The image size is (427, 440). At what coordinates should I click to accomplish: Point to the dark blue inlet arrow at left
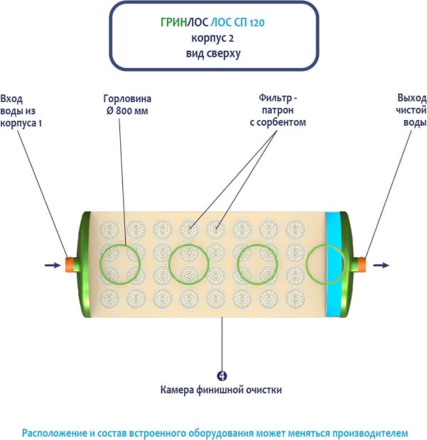pyautogui.click(x=53, y=265)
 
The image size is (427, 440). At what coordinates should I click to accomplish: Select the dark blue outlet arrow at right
pyautogui.click(x=381, y=265)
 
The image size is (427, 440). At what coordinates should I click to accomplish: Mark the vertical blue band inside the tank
pyautogui.click(x=332, y=265)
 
